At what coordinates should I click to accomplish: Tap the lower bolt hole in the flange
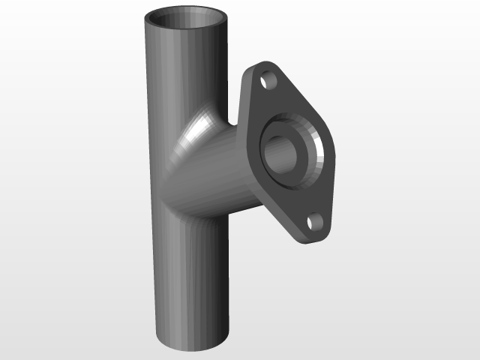(x=314, y=221)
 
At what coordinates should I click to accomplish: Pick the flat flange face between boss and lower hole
(x=304, y=199)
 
